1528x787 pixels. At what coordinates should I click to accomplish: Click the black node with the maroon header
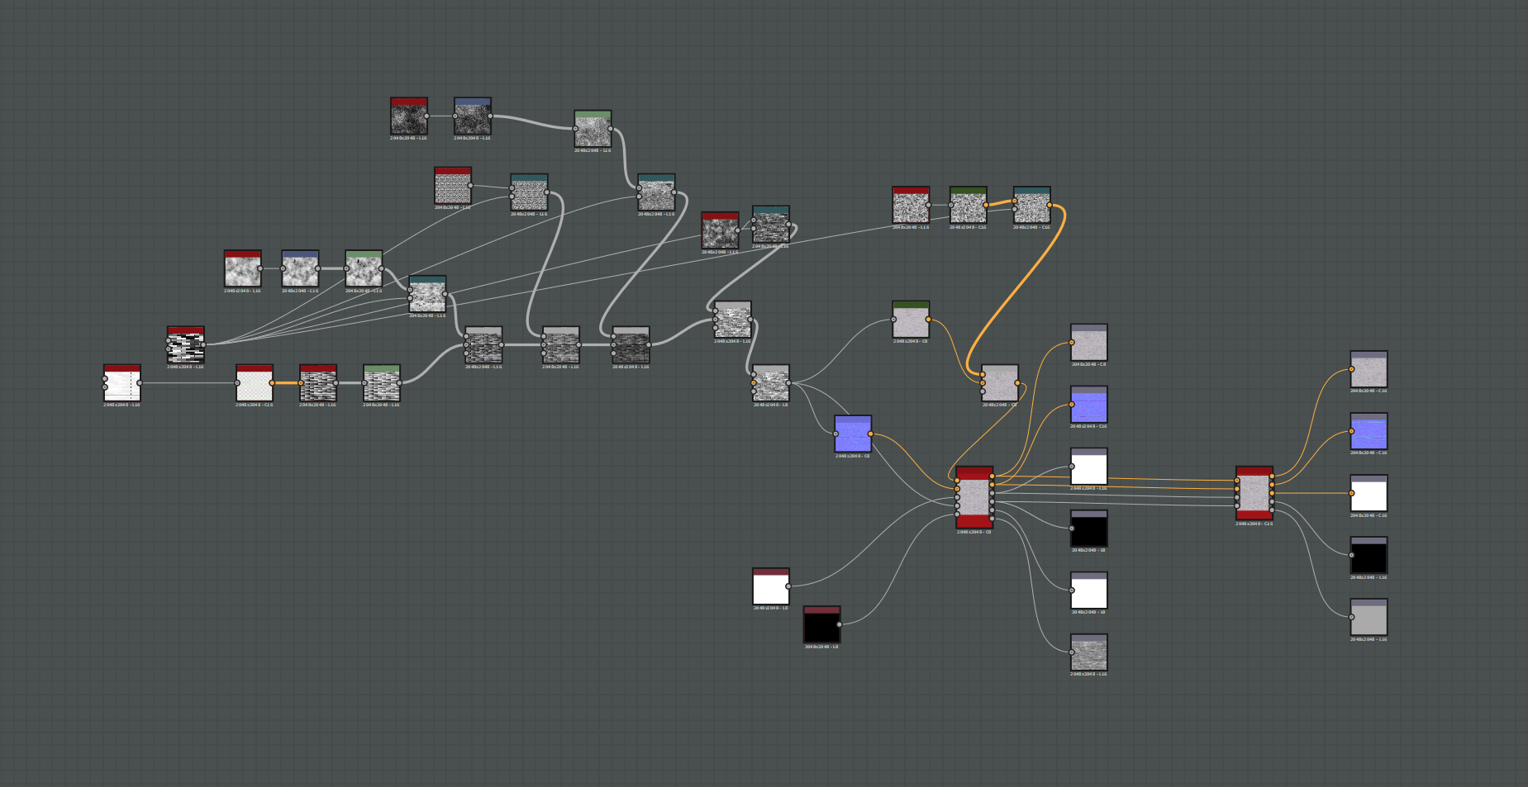(821, 625)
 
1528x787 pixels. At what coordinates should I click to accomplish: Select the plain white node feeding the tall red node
(770, 587)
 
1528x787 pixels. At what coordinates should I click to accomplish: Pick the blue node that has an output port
(853, 434)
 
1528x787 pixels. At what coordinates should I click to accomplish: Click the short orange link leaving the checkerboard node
(286, 382)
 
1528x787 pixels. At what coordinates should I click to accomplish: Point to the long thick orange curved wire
(1016, 289)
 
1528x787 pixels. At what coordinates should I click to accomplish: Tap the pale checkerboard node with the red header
(255, 384)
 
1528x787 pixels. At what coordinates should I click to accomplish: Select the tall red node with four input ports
(1254, 493)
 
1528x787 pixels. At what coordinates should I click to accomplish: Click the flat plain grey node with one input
(1369, 618)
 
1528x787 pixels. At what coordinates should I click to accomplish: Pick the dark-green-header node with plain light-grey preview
(911, 320)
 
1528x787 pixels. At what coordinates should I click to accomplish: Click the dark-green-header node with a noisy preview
(968, 206)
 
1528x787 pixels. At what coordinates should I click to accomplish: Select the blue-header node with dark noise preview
(472, 117)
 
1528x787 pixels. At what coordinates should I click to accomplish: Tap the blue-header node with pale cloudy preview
(300, 269)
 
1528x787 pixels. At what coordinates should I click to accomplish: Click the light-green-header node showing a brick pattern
(381, 384)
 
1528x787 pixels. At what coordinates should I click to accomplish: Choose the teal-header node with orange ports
(1031, 206)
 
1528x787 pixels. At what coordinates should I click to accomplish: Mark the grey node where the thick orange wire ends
(999, 384)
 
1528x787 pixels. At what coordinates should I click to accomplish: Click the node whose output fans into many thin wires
(185, 345)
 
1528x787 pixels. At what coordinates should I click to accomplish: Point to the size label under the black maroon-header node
(821, 647)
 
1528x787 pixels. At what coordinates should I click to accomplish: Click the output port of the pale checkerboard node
(272, 383)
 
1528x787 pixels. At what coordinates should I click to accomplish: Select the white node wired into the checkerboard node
(121, 384)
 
